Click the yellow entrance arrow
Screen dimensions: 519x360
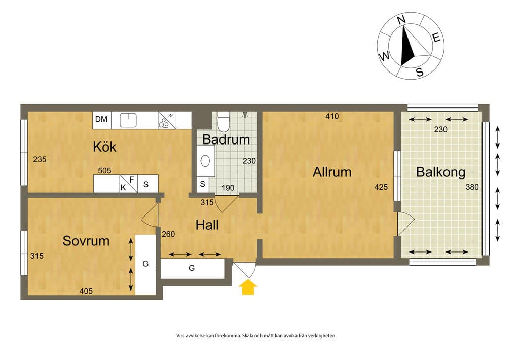(x=248, y=287)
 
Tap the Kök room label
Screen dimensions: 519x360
(x=104, y=147)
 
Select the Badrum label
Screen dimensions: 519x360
(x=226, y=139)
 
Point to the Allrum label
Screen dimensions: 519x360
(x=332, y=172)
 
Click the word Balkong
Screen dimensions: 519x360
(x=440, y=172)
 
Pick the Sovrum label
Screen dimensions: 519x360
(x=86, y=241)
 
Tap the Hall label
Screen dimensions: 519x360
(x=207, y=225)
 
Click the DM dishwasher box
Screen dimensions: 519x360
(x=101, y=120)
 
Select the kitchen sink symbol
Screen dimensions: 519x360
(x=128, y=120)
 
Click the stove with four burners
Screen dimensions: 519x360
(x=167, y=120)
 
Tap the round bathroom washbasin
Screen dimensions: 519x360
(x=205, y=161)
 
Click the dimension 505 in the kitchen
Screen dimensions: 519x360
(x=104, y=170)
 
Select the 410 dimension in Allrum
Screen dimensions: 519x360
(x=332, y=116)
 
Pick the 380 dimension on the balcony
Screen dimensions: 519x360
(x=472, y=187)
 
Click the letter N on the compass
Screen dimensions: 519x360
(x=401, y=20)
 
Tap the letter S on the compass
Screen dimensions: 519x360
(x=420, y=72)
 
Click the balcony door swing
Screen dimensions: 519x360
(x=406, y=224)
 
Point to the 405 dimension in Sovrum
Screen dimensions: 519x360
(x=86, y=291)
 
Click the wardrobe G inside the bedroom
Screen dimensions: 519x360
(x=145, y=264)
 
